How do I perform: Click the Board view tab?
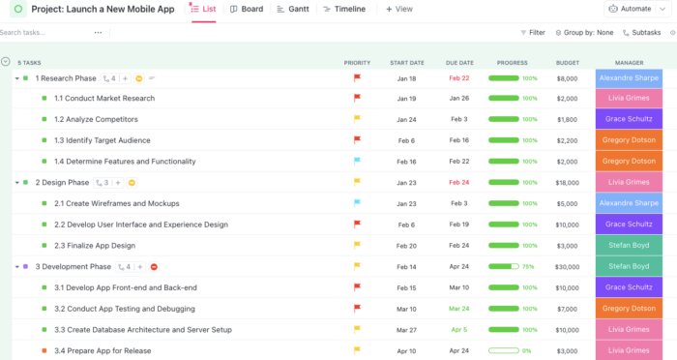246,9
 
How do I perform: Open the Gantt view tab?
293,9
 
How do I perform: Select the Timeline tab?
343,9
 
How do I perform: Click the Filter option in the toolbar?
532,32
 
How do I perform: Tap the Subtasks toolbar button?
641,32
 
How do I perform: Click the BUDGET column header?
568,62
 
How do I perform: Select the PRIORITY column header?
357,62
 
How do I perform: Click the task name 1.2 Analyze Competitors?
96,119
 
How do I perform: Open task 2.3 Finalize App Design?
95,245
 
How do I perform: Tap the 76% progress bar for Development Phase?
505,266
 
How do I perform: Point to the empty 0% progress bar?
505,350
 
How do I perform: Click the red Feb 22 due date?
458,78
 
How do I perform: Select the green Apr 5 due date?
458,329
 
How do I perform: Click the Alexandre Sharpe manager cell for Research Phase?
630,77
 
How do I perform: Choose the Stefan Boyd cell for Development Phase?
630,266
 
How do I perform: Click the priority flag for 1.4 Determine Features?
357,162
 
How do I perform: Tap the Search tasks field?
44,32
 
